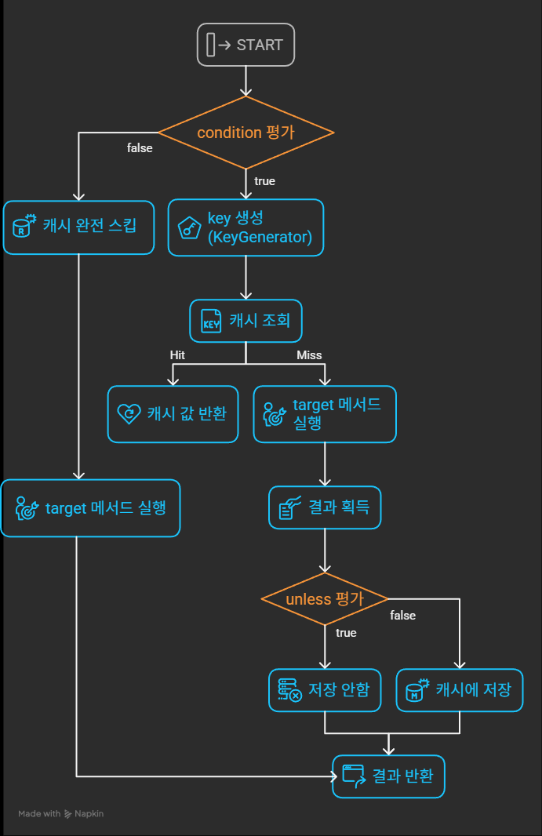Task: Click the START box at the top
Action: pyautogui.click(x=246, y=45)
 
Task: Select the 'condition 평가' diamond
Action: pyautogui.click(x=246, y=133)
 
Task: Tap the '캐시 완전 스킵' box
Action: pyautogui.click(x=78, y=227)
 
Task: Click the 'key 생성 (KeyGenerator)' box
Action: pyautogui.click(x=246, y=227)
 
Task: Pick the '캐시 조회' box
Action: pyautogui.click(x=246, y=321)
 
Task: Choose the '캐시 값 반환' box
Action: pyautogui.click(x=173, y=414)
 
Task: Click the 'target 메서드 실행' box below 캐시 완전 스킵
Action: pyautogui.click(x=90, y=508)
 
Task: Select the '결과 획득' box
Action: pyautogui.click(x=325, y=508)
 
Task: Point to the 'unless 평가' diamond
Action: pyautogui.click(x=325, y=599)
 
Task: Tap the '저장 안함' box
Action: pyautogui.click(x=325, y=690)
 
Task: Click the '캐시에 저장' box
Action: pyautogui.click(x=459, y=690)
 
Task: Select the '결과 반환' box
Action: pyautogui.click(x=388, y=776)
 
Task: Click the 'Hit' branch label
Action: pyautogui.click(x=178, y=355)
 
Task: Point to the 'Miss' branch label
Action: pyautogui.click(x=309, y=355)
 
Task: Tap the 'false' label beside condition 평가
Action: pyautogui.click(x=140, y=147)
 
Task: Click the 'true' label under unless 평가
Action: pyautogui.click(x=346, y=633)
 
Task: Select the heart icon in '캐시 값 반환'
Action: pyautogui.click(x=129, y=414)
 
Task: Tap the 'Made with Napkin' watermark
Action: pyautogui.click(x=61, y=814)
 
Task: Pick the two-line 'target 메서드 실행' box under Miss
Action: pyautogui.click(x=325, y=414)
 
